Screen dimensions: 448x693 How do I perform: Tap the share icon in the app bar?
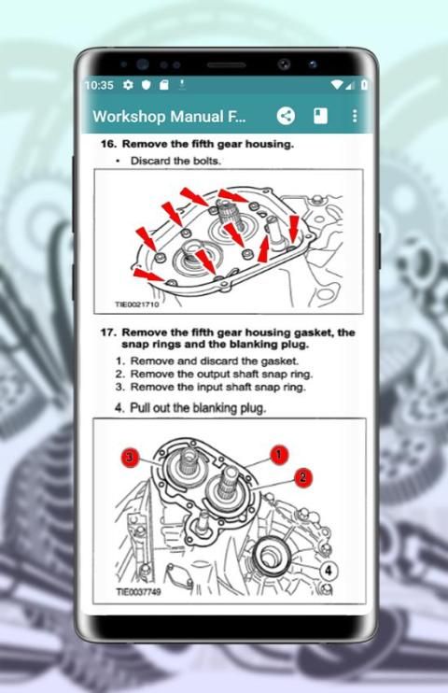tap(286, 116)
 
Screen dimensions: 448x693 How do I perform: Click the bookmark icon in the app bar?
tap(320, 116)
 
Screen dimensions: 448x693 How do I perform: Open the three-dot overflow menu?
tap(355, 116)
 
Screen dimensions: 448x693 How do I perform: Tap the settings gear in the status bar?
tap(128, 84)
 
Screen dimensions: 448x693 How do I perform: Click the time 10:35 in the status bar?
tap(100, 85)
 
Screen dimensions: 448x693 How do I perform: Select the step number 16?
tap(108, 144)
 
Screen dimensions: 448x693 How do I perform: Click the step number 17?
tap(108, 332)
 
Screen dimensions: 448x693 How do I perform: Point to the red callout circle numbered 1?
tap(279, 455)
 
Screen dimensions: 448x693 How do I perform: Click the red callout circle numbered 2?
tap(302, 477)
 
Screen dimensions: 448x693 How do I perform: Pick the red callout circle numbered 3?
tap(130, 457)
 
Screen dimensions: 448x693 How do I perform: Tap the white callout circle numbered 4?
tap(329, 570)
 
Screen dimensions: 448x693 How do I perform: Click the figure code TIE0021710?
tap(137, 304)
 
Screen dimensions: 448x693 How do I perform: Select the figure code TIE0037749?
tap(138, 592)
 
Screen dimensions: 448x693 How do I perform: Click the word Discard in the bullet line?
tap(150, 161)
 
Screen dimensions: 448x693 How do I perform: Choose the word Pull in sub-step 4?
tap(139, 407)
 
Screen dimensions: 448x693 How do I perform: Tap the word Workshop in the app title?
tap(130, 117)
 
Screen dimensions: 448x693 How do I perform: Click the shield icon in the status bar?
tap(147, 85)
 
